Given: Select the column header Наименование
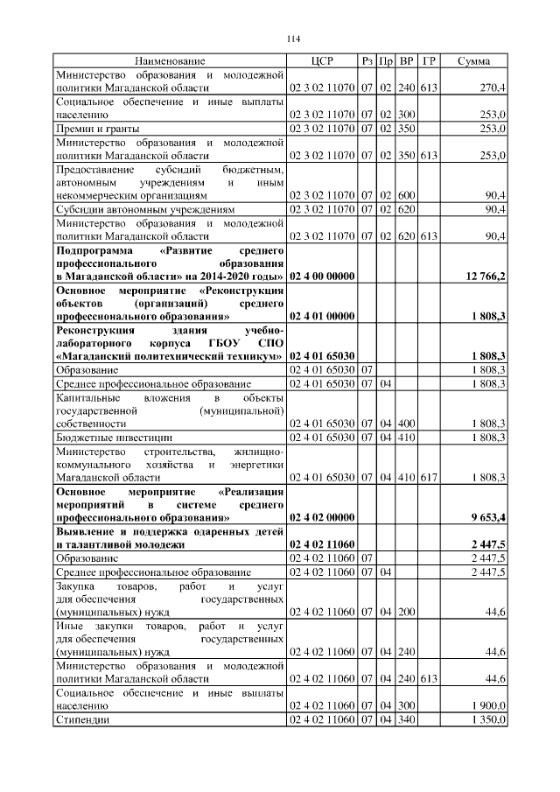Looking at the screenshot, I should pyautogui.click(x=170, y=61).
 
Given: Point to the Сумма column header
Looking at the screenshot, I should pyautogui.click(x=473, y=61).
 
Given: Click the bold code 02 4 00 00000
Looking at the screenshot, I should pyautogui.click(x=321, y=277).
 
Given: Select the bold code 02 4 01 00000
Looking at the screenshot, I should pyautogui.click(x=321, y=316).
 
